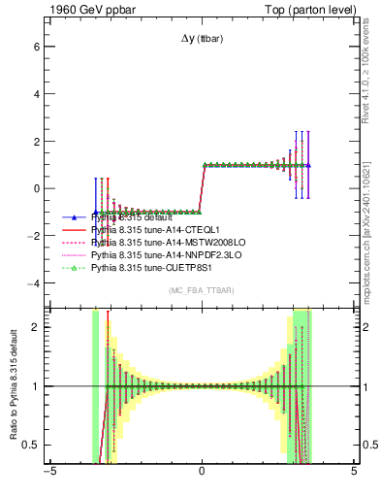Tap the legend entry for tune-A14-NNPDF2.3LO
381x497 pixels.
click(x=160, y=253)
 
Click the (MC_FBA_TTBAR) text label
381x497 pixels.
click(x=201, y=290)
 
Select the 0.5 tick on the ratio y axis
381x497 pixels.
click(x=30, y=445)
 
